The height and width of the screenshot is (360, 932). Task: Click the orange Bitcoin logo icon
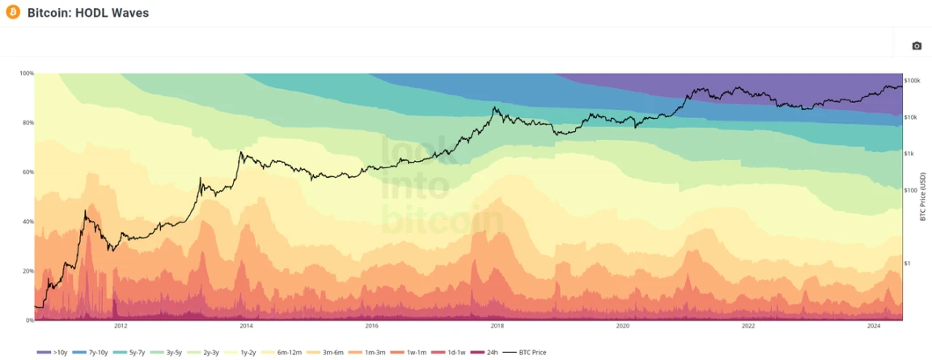pyautogui.click(x=12, y=12)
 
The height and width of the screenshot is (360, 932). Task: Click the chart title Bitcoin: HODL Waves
pyautogui.click(x=88, y=13)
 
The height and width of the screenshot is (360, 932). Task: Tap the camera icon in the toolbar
pyautogui.click(x=917, y=46)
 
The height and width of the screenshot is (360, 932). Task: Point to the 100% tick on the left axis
pyautogui.click(x=26, y=74)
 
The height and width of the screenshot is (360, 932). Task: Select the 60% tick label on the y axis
pyautogui.click(x=27, y=172)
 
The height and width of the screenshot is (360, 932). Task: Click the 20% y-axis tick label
pyautogui.click(x=27, y=271)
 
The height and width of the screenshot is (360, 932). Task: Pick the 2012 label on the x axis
pyautogui.click(x=121, y=327)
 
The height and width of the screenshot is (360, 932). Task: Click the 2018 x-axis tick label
pyautogui.click(x=497, y=327)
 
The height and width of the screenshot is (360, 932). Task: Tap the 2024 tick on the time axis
pyautogui.click(x=874, y=327)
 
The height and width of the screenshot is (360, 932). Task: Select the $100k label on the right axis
pyautogui.click(x=913, y=81)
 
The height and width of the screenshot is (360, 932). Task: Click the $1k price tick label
pyautogui.click(x=909, y=154)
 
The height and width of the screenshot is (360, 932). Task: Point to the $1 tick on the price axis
pyautogui.click(x=906, y=263)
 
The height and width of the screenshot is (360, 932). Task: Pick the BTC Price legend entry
pyautogui.click(x=525, y=353)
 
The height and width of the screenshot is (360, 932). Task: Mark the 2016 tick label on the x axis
pyautogui.click(x=371, y=327)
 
